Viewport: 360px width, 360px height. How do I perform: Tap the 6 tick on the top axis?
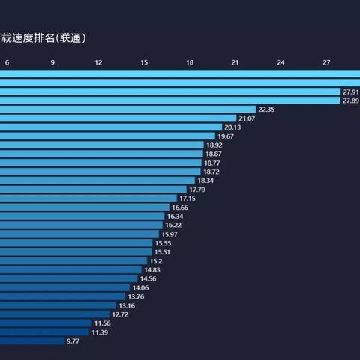[7, 62]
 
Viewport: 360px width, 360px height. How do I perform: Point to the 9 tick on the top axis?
[52, 62]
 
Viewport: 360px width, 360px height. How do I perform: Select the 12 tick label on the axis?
[98, 62]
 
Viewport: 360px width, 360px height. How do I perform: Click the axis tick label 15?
[144, 62]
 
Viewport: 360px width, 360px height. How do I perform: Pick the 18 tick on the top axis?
[190, 62]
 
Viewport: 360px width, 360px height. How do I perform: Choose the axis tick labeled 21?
[235, 62]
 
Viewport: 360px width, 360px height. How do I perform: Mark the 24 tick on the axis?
[281, 62]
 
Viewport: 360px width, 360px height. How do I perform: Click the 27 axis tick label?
[327, 62]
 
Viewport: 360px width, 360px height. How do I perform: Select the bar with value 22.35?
[127, 109]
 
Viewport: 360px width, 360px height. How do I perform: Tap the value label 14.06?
[140, 287]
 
